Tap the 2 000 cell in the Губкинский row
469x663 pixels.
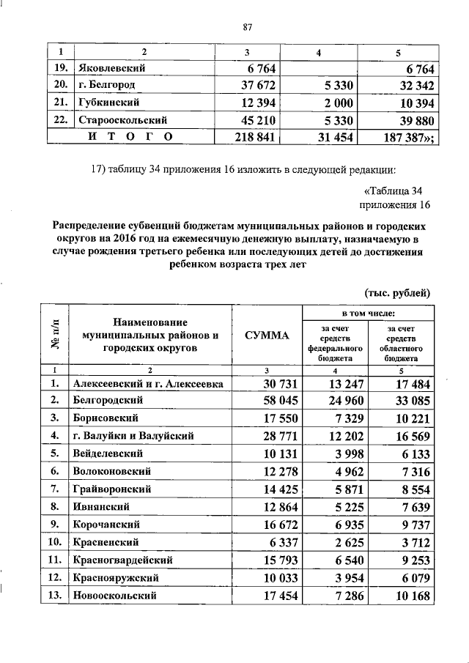tap(338, 102)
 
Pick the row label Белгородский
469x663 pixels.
tap(107, 401)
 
